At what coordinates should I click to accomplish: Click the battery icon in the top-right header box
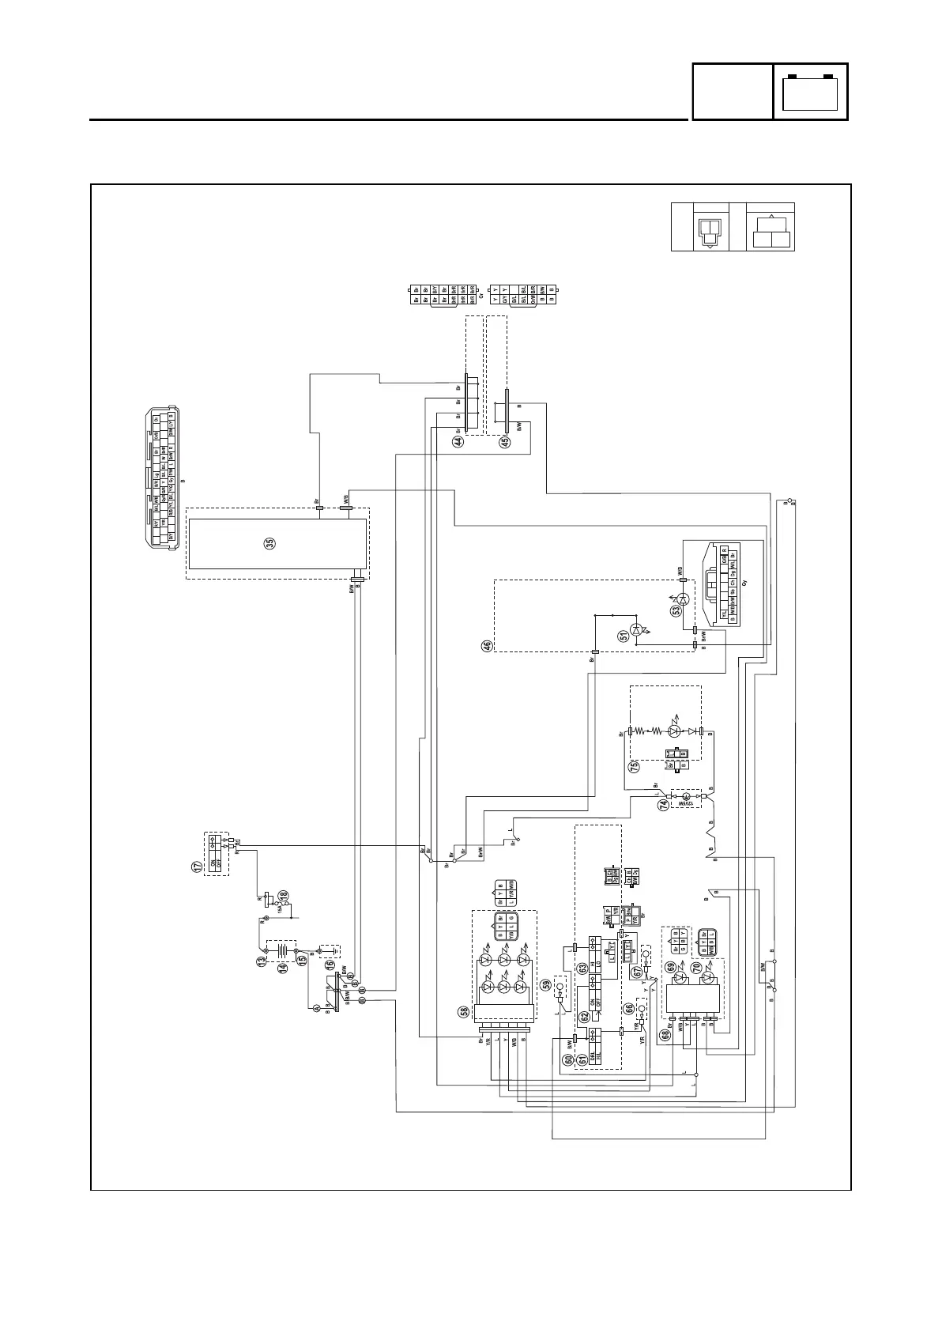coord(810,93)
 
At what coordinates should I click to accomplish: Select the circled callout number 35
coord(269,543)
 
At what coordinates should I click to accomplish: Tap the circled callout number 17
coord(197,866)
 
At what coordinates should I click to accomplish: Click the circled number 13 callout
coord(261,961)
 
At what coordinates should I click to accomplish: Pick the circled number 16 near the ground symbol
coord(330,965)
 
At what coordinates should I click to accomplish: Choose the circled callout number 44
coord(458,442)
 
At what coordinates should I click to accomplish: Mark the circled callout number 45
coord(506,443)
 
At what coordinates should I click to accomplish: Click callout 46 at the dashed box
coord(488,646)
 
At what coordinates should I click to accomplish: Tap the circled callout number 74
coord(664,804)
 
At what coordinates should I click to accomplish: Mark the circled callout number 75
coord(634,766)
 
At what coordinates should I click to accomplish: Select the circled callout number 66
coord(629,1008)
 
